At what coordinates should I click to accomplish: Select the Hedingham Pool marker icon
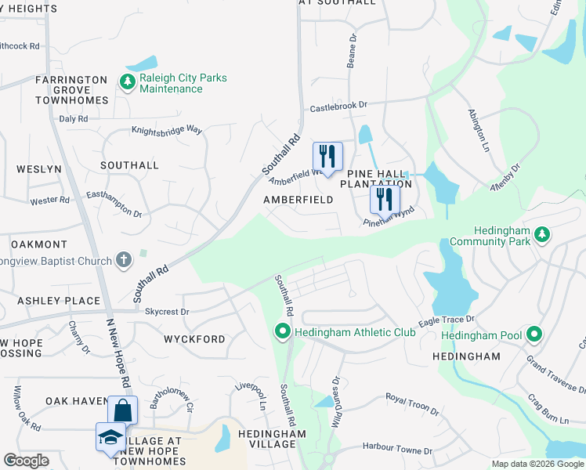tap(534, 335)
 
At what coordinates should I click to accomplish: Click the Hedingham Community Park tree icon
tap(541, 234)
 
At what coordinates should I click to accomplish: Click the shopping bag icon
tap(122, 410)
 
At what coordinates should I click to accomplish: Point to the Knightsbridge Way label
tap(167, 130)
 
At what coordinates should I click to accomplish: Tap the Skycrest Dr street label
tap(167, 311)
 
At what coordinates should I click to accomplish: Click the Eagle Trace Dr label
tap(447, 320)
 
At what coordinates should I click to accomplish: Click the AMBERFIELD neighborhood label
tap(298, 200)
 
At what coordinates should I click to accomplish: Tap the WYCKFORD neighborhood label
tap(194, 339)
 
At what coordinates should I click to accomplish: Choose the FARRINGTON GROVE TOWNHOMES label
tap(71, 90)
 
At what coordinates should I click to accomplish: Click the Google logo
tap(26, 461)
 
